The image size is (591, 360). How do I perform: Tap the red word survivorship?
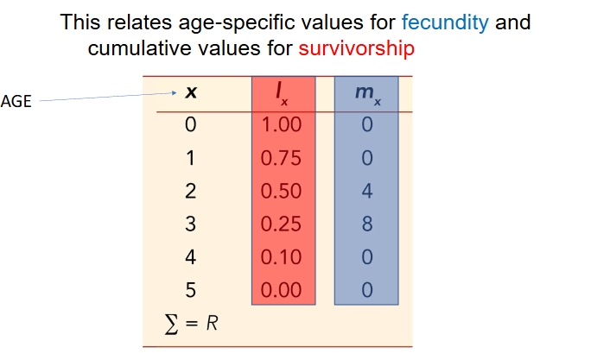click(x=356, y=47)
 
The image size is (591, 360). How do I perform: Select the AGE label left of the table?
click(x=16, y=101)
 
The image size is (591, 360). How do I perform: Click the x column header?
click(x=191, y=92)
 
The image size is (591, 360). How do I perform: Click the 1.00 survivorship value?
click(x=281, y=124)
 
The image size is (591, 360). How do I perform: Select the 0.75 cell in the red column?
click(x=281, y=158)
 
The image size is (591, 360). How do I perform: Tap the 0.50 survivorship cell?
click(x=281, y=191)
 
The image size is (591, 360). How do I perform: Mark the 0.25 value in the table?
click(x=281, y=224)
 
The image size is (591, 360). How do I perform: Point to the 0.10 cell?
click(x=281, y=256)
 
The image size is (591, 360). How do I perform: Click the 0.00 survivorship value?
click(x=281, y=289)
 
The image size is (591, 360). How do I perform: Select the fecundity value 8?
click(x=366, y=224)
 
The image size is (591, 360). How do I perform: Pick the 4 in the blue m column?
click(x=366, y=191)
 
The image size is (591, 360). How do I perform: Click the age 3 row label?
click(x=191, y=224)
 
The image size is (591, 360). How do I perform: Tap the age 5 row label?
click(x=191, y=289)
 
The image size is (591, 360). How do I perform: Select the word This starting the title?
click(x=80, y=22)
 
